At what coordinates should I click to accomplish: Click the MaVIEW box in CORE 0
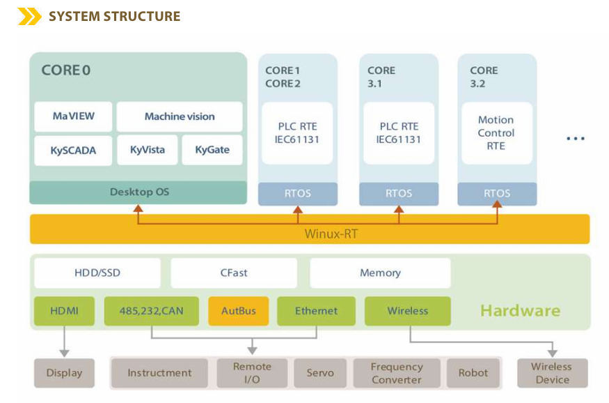click(x=73, y=116)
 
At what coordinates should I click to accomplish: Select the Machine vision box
click(x=180, y=116)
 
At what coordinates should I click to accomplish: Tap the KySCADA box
click(x=73, y=150)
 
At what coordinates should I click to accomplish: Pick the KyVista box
click(x=147, y=150)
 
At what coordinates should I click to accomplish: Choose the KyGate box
click(x=212, y=150)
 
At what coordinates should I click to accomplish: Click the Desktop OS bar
click(x=139, y=192)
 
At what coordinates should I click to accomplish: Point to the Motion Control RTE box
click(x=497, y=133)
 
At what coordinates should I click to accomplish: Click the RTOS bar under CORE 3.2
click(x=497, y=194)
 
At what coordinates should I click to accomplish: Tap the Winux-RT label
click(x=331, y=234)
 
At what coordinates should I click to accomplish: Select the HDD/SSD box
click(x=97, y=273)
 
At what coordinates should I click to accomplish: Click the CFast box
click(x=234, y=273)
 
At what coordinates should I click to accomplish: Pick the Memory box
click(x=380, y=273)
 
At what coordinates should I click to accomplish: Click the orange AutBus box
click(x=239, y=311)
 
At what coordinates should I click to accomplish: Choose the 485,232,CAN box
click(x=152, y=311)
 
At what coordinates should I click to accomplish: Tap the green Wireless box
click(x=407, y=311)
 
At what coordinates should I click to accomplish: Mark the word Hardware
click(x=521, y=310)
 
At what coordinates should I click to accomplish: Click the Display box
click(x=64, y=373)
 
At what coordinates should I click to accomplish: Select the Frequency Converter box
click(x=397, y=373)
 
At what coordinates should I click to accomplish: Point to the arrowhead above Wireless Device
click(x=553, y=353)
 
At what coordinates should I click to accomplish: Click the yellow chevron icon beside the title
click(x=29, y=16)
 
